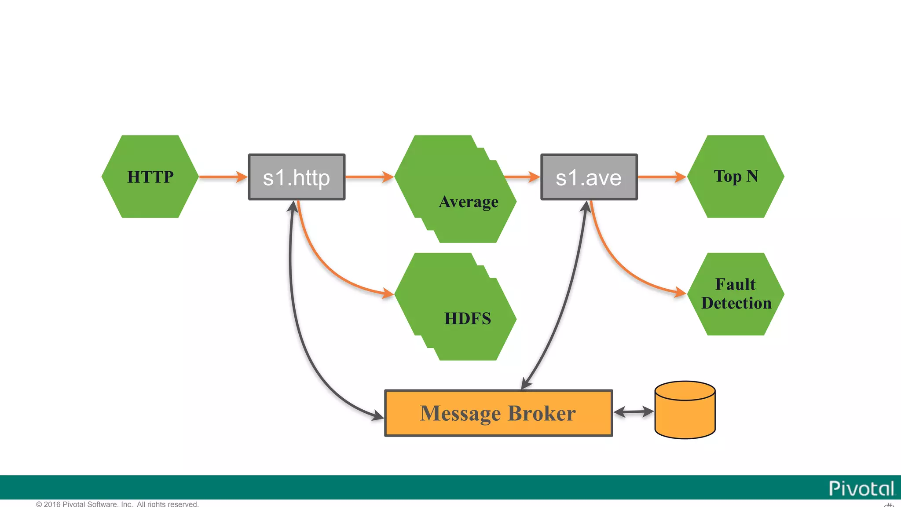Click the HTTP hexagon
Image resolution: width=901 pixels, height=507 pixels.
coord(150,176)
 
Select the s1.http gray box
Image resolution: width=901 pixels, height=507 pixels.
coord(297,177)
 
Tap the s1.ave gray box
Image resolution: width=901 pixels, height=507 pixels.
coord(589,177)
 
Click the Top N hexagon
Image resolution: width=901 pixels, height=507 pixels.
coord(736,176)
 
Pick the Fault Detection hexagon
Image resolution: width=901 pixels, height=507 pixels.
coord(736,294)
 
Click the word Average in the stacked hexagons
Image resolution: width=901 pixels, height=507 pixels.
coord(469,202)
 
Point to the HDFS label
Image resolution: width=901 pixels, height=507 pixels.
coord(468,319)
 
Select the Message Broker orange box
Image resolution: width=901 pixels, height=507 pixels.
coord(498,413)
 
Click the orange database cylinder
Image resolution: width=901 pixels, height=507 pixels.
coord(685,410)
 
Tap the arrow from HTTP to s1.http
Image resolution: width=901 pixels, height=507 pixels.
coord(223,177)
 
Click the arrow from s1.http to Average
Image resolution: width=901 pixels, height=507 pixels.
coord(369,177)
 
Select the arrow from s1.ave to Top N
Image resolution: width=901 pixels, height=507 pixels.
coord(661,177)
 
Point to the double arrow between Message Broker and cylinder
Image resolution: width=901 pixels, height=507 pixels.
coord(634,412)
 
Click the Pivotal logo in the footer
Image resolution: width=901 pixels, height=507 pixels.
coord(861,489)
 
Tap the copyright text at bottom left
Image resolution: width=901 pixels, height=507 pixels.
coord(117,504)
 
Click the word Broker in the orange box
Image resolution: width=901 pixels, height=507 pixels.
coord(542,413)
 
